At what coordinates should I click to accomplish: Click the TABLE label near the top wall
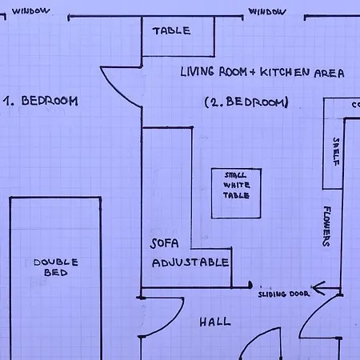point(171,31)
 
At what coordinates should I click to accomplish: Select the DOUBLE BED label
point(56,267)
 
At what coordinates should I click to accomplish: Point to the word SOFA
point(164,243)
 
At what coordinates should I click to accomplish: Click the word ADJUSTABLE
point(190,262)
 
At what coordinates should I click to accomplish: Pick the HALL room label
point(215,322)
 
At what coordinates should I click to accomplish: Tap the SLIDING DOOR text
point(284,294)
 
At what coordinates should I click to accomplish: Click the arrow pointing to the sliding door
point(326,288)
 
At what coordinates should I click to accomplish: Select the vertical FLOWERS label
point(327,226)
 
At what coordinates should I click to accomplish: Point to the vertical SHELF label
point(336,151)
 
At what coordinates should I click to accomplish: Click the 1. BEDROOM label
point(41,101)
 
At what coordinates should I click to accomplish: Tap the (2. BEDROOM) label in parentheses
point(246,102)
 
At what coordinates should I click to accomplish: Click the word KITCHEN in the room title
point(285,72)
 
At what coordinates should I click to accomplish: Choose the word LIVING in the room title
point(198,72)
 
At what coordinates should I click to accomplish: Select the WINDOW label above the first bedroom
point(30,11)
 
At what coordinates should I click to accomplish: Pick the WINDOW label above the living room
point(267,12)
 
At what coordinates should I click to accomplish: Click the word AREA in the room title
point(330,73)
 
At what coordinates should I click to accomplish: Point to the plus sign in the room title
point(253,72)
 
